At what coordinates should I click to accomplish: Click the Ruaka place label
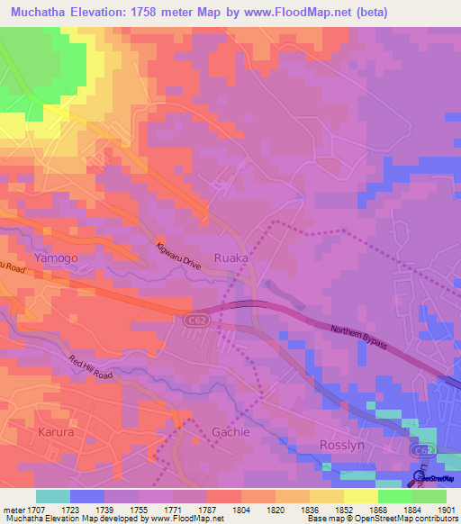point(230,257)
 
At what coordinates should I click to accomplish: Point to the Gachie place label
point(230,431)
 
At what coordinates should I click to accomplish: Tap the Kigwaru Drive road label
point(178,256)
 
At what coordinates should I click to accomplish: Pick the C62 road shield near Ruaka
point(195,320)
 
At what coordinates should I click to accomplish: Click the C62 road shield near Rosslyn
point(421,449)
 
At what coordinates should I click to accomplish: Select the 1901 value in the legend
point(446,510)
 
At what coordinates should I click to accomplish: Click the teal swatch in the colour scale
point(53,496)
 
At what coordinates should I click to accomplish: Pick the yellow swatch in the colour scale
point(361,496)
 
